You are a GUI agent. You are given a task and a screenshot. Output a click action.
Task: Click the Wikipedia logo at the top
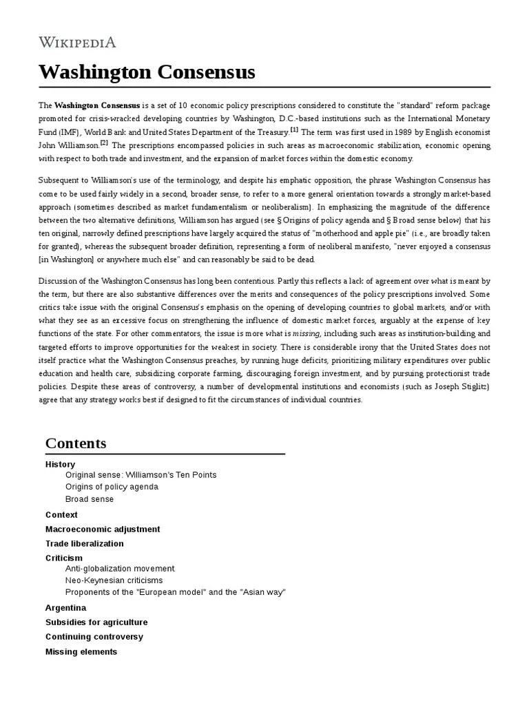click(77, 43)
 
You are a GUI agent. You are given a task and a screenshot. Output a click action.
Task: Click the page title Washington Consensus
click(147, 72)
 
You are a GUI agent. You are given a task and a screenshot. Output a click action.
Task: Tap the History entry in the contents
click(60, 465)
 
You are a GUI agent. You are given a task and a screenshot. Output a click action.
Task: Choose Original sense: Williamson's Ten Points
click(141, 475)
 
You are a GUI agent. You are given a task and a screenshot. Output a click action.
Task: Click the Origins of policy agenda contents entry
click(112, 487)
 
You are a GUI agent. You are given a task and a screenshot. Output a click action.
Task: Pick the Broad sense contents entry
click(90, 499)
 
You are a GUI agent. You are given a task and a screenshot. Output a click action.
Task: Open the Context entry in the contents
click(61, 515)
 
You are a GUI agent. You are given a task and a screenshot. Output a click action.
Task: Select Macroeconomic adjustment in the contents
click(103, 529)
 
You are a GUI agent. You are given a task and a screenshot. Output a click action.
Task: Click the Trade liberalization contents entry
click(85, 544)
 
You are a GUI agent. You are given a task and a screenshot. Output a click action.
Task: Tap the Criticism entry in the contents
click(64, 558)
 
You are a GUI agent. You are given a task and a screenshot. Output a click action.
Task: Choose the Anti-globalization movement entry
click(120, 569)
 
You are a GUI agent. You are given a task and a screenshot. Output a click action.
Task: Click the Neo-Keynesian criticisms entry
click(114, 580)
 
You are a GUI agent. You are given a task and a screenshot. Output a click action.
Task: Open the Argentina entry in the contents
click(65, 608)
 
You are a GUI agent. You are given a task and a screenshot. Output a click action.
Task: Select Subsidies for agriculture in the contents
click(96, 622)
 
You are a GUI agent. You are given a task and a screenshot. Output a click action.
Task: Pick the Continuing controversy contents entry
click(94, 637)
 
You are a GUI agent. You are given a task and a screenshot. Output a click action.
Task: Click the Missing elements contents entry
click(81, 651)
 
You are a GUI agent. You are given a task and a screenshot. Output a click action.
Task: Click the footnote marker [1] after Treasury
click(294, 130)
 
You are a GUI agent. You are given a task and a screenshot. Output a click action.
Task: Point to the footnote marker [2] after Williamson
click(104, 143)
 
